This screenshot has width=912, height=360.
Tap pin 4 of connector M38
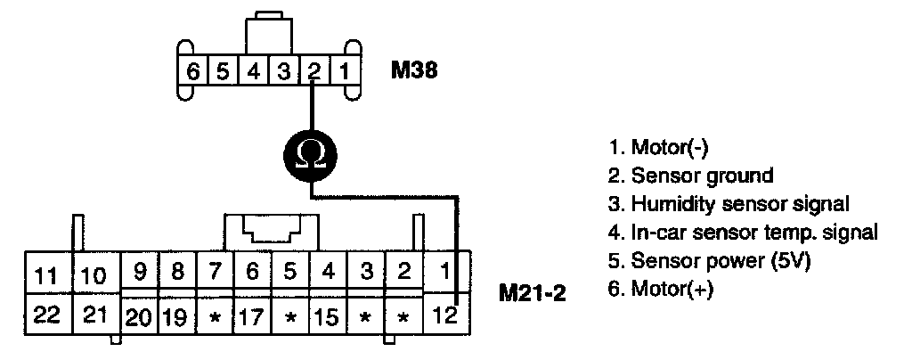point(254,70)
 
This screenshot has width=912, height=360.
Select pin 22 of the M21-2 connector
point(44,315)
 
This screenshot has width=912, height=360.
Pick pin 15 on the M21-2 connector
point(328,316)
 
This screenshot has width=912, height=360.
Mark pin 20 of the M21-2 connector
point(139,316)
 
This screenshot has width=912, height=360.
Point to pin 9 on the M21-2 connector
point(139,271)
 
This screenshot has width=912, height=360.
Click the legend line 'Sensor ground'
point(688,175)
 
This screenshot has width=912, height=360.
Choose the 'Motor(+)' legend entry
point(661,289)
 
